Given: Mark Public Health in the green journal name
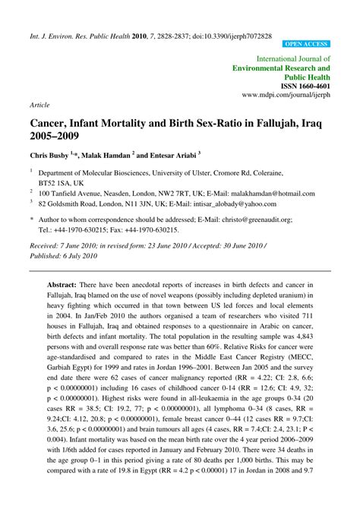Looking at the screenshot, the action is tap(308, 77).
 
